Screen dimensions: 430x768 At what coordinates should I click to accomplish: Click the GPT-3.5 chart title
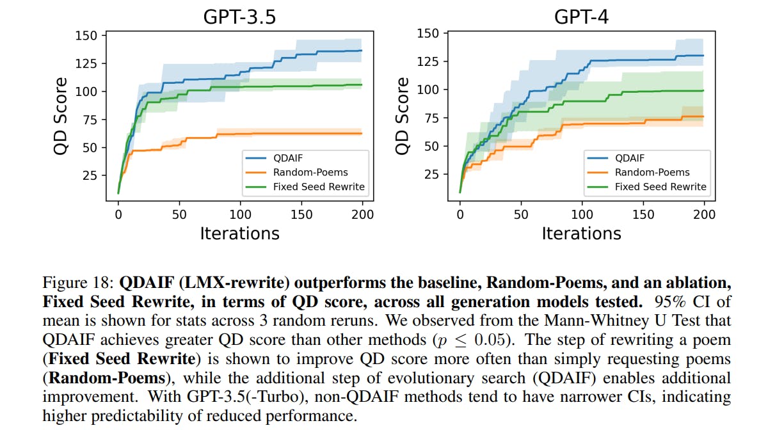pyautogui.click(x=239, y=17)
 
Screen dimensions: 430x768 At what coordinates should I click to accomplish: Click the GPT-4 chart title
pyautogui.click(x=581, y=17)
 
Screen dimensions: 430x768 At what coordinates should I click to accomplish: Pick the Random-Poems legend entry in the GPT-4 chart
pyautogui.click(x=652, y=172)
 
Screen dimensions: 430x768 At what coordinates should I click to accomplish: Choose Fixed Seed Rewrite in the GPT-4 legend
pyautogui.click(x=660, y=187)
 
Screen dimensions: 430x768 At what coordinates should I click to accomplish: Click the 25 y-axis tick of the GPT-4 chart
pyautogui.click(x=432, y=174)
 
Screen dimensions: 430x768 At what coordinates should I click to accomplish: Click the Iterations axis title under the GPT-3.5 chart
pyautogui.click(x=239, y=233)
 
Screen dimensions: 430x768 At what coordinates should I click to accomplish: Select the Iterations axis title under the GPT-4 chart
pyautogui.click(x=581, y=233)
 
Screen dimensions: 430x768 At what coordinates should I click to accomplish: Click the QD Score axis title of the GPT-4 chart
pyautogui.click(x=402, y=115)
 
